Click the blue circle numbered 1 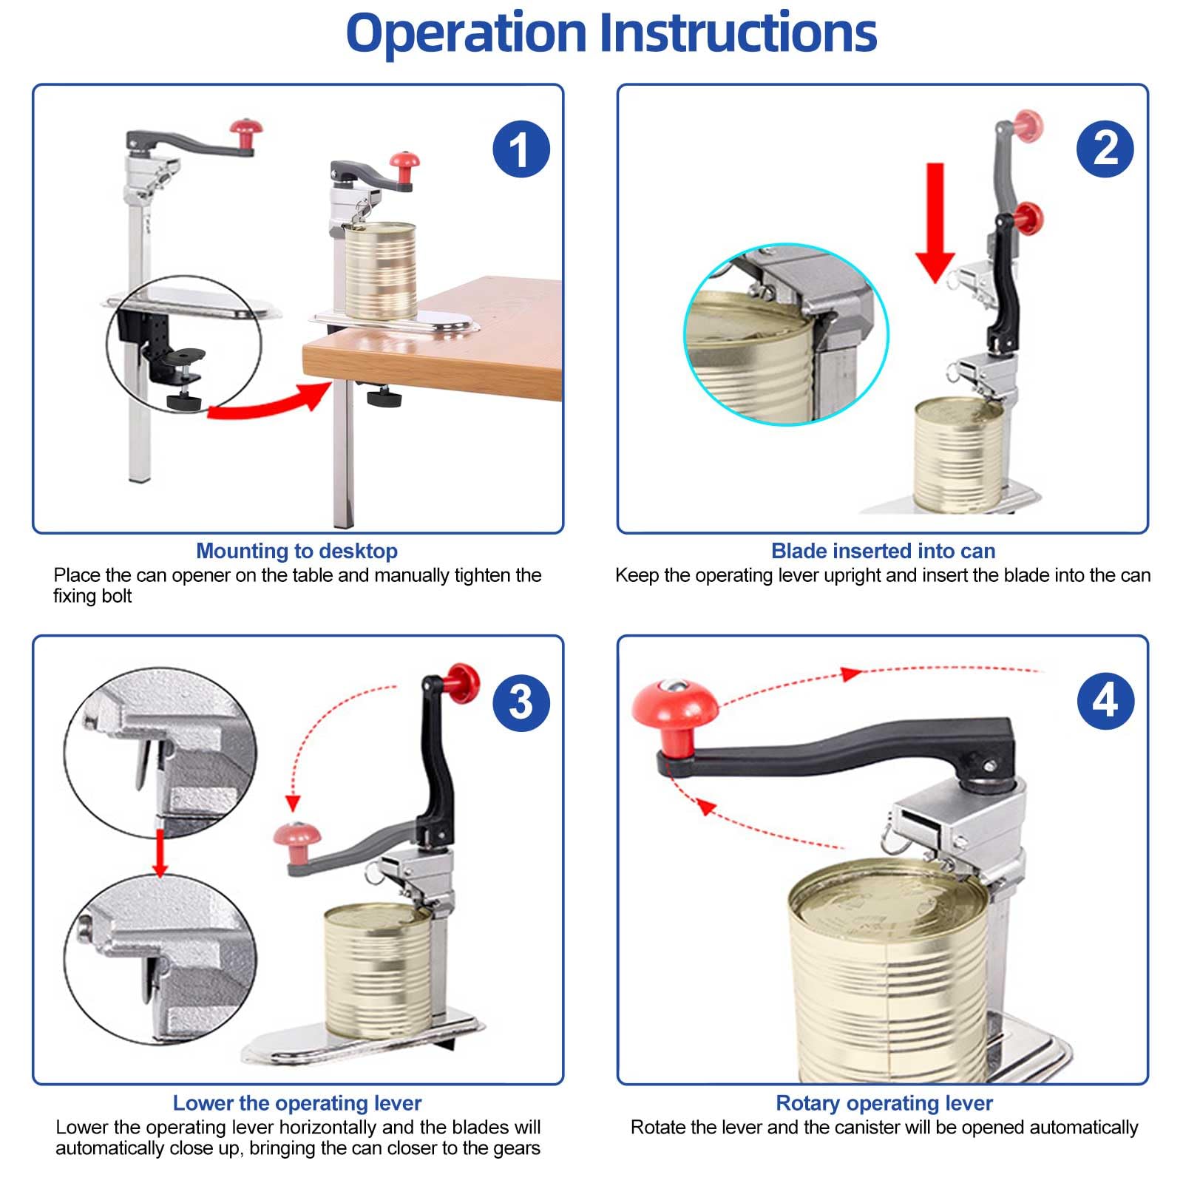521,149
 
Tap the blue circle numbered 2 1105,149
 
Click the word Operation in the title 467,33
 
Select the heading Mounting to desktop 296,551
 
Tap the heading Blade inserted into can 883,551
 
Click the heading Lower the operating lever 296,1103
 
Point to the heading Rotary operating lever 884,1103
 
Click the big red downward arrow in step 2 935,222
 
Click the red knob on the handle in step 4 674,710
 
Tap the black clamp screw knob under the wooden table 384,399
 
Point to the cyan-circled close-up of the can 785,334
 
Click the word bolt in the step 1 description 117,596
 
